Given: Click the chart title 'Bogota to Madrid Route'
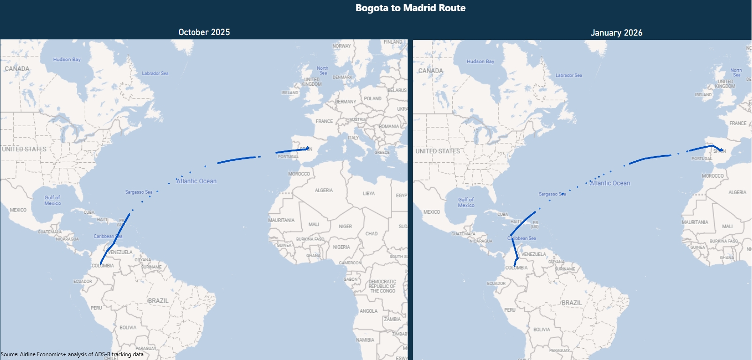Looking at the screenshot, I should pyautogui.click(x=410, y=8).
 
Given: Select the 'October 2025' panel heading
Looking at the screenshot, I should pyautogui.click(x=204, y=32).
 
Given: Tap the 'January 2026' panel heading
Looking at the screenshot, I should pyautogui.click(x=616, y=33).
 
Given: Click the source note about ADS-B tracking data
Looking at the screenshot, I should pyautogui.click(x=72, y=354).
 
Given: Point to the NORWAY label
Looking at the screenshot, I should pyautogui.click(x=342, y=46).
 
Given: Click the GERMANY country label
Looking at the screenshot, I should pyautogui.click(x=346, y=102).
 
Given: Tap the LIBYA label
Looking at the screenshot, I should pyautogui.click(x=369, y=194).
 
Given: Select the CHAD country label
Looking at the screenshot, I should pyautogui.click(x=372, y=233).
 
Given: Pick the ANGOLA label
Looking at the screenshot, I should pyautogui.click(x=369, y=311).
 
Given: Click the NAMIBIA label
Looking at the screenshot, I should pyautogui.click(x=365, y=340).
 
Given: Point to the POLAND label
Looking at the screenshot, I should pyautogui.click(x=373, y=99).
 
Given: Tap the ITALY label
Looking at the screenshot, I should pyautogui.click(x=353, y=138).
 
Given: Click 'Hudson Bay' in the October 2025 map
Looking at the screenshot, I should pyautogui.click(x=67, y=60).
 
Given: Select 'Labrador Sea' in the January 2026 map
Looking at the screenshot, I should pyautogui.click(x=569, y=75).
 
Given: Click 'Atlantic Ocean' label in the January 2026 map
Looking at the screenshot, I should pyautogui.click(x=610, y=183).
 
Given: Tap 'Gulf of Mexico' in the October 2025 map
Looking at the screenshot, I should pyautogui.click(x=52, y=201).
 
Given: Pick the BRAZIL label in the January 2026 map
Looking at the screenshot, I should pyautogui.click(x=572, y=303).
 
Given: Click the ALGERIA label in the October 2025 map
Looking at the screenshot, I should pyautogui.click(x=324, y=190).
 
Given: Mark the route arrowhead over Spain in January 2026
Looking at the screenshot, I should pyautogui.click(x=722, y=150).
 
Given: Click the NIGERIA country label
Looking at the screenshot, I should pyautogui.click(x=342, y=247).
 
